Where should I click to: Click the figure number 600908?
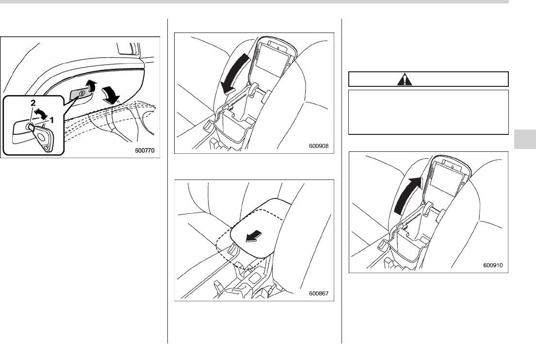pyautogui.click(x=319, y=146)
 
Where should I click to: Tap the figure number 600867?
pyautogui.click(x=319, y=294)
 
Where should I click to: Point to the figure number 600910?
pyautogui.click(x=493, y=265)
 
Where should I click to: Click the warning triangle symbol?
pyautogui.click(x=405, y=79)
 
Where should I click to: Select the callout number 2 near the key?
pyautogui.click(x=33, y=102)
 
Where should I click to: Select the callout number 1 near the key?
pyautogui.click(x=52, y=120)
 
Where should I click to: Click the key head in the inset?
pyautogui.click(x=44, y=137)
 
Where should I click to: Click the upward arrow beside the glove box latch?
pyautogui.click(x=90, y=86)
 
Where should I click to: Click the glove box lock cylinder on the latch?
pyautogui.click(x=81, y=93)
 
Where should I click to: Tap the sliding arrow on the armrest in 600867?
pyautogui.click(x=254, y=236)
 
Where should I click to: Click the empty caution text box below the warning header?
pyautogui.click(x=428, y=112)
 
